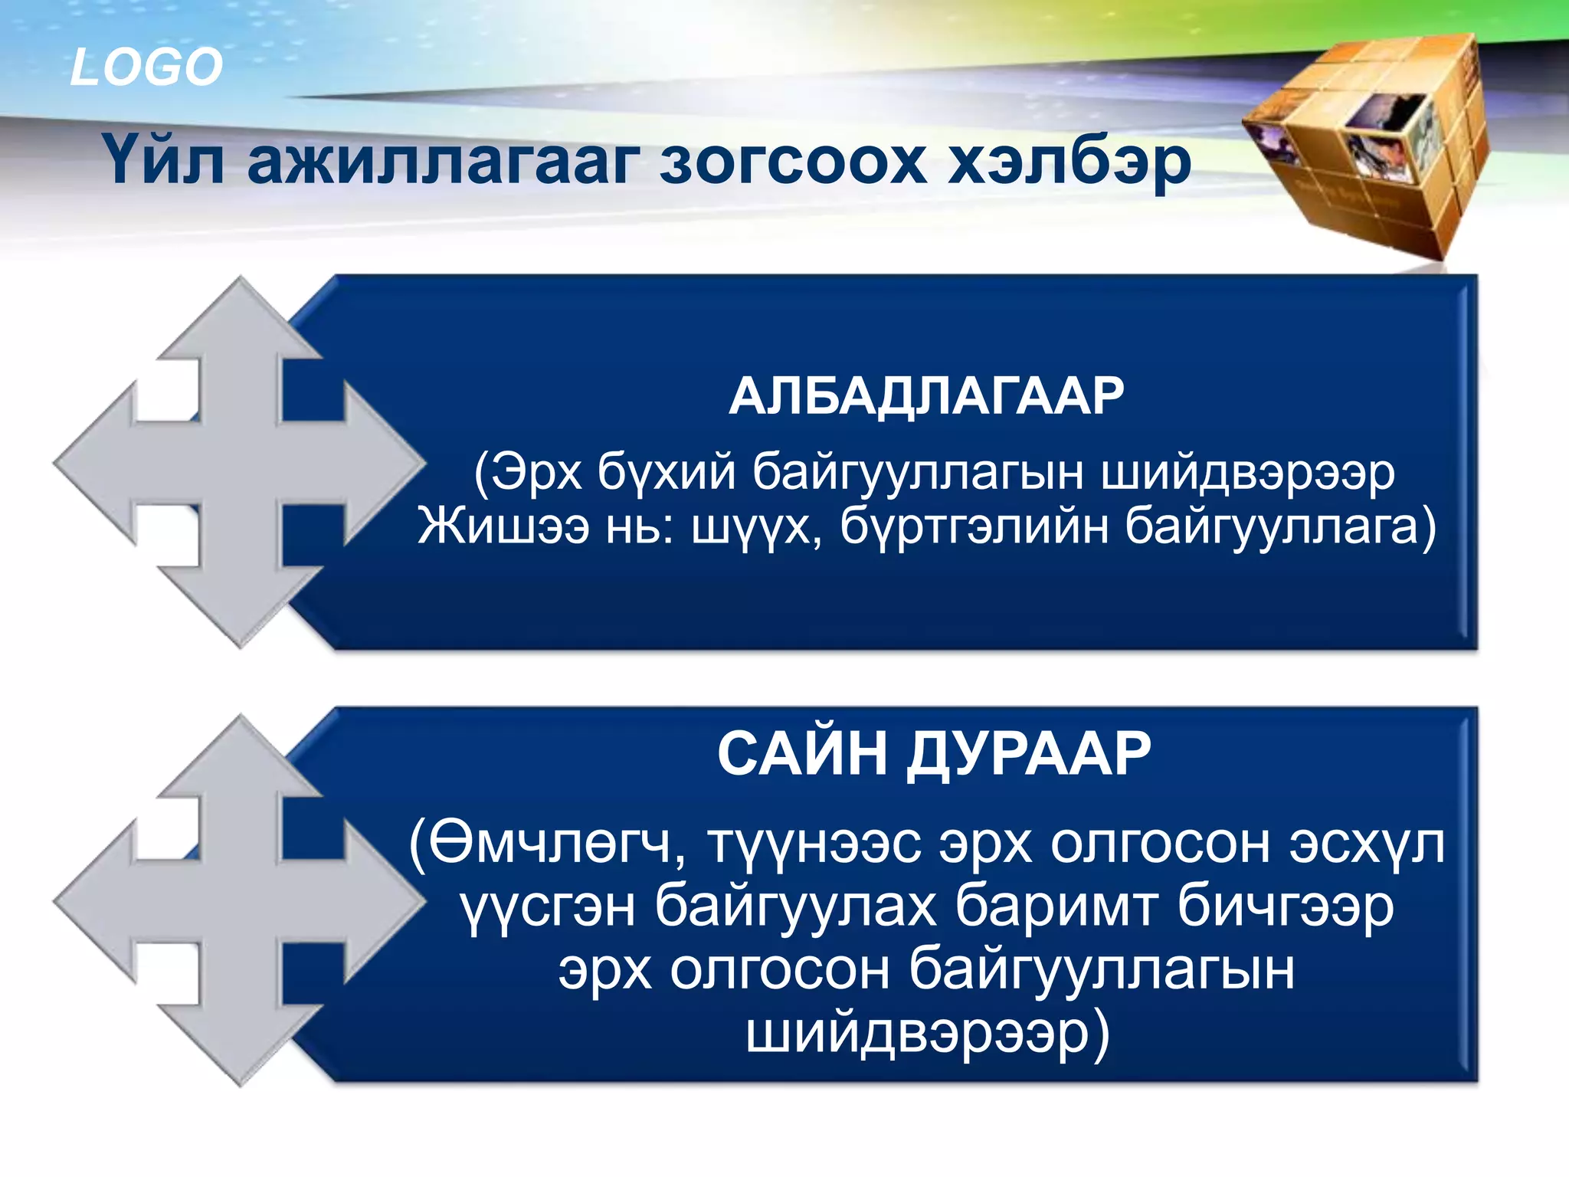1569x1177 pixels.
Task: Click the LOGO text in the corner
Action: (146, 67)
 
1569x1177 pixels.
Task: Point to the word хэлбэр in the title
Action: (1069, 162)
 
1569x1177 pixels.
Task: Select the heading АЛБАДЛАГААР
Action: (926, 396)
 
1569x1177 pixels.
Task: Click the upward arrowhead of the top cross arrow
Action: (241, 314)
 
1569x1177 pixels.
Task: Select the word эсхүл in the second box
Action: (1367, 844)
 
